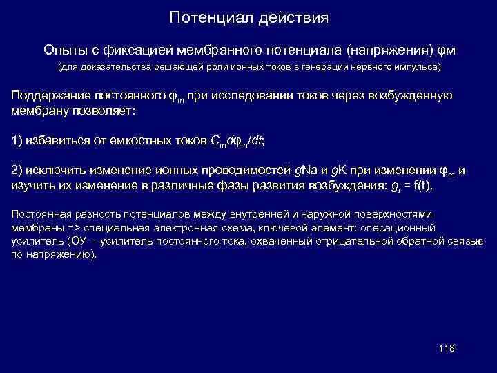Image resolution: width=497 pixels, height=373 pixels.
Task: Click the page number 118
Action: [447, 348]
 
